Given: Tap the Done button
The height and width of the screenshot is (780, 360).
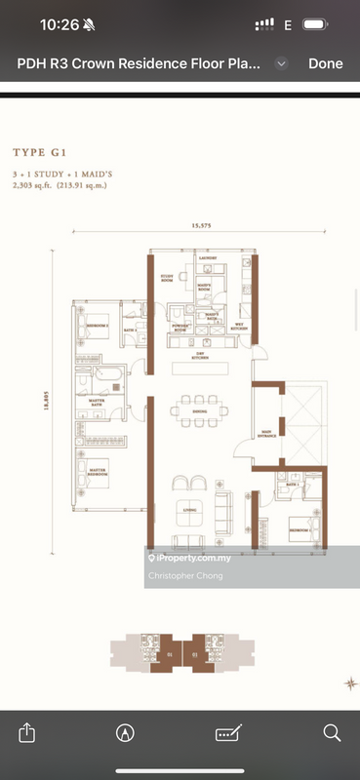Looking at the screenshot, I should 325,63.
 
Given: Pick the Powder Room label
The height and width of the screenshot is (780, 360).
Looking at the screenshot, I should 180,329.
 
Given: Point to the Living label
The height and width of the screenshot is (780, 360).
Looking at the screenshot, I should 191,509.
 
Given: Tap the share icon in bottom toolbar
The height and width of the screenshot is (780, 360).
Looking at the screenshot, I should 27,731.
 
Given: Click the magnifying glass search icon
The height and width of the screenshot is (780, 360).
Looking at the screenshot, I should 332,731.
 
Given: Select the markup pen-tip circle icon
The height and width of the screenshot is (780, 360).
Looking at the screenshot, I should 125,731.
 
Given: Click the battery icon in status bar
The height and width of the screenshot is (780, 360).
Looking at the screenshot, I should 315,24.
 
